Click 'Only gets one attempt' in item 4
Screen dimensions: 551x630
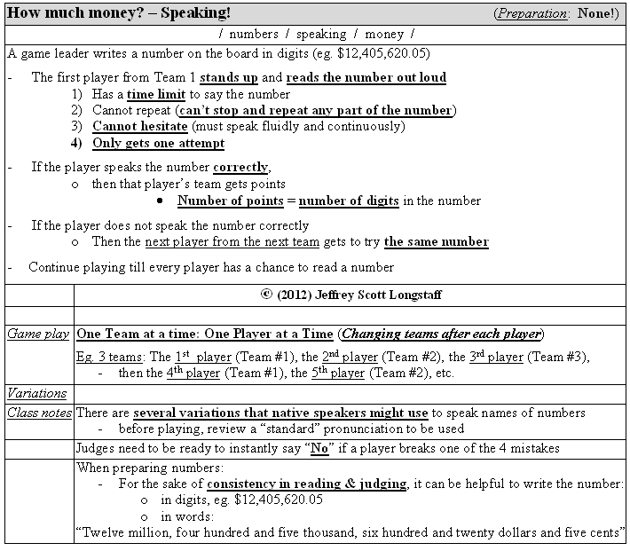158,143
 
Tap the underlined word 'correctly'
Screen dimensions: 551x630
241,167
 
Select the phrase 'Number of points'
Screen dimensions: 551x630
227,201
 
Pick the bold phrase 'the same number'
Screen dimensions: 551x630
436,241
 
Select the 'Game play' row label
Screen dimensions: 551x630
38,335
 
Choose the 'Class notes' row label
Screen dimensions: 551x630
39,413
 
